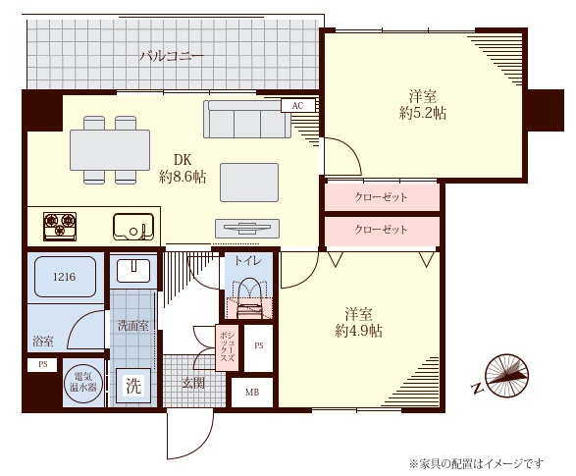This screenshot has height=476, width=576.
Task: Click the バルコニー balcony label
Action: (172, 56)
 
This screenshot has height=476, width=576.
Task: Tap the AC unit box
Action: (296, 105)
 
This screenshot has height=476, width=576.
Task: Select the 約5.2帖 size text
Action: (423, 113)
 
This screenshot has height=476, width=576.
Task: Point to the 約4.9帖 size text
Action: (358, 331)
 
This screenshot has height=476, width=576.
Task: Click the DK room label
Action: (183, 160)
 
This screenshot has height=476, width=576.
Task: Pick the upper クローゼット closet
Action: (381, 196)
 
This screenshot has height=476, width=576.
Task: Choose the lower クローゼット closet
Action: (381, 230)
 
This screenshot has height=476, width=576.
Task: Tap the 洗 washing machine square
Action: (132, 385)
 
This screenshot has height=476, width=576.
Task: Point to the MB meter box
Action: (251, 393)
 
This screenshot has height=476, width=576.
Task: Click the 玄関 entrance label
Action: (193, 383)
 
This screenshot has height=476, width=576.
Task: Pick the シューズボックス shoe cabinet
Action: (226, 346)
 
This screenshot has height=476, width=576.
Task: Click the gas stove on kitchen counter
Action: (60, 227)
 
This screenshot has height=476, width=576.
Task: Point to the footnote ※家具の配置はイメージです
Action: (475, 462)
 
